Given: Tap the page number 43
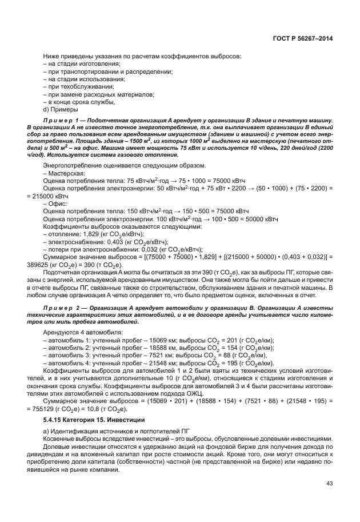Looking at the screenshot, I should tap(329, 483).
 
